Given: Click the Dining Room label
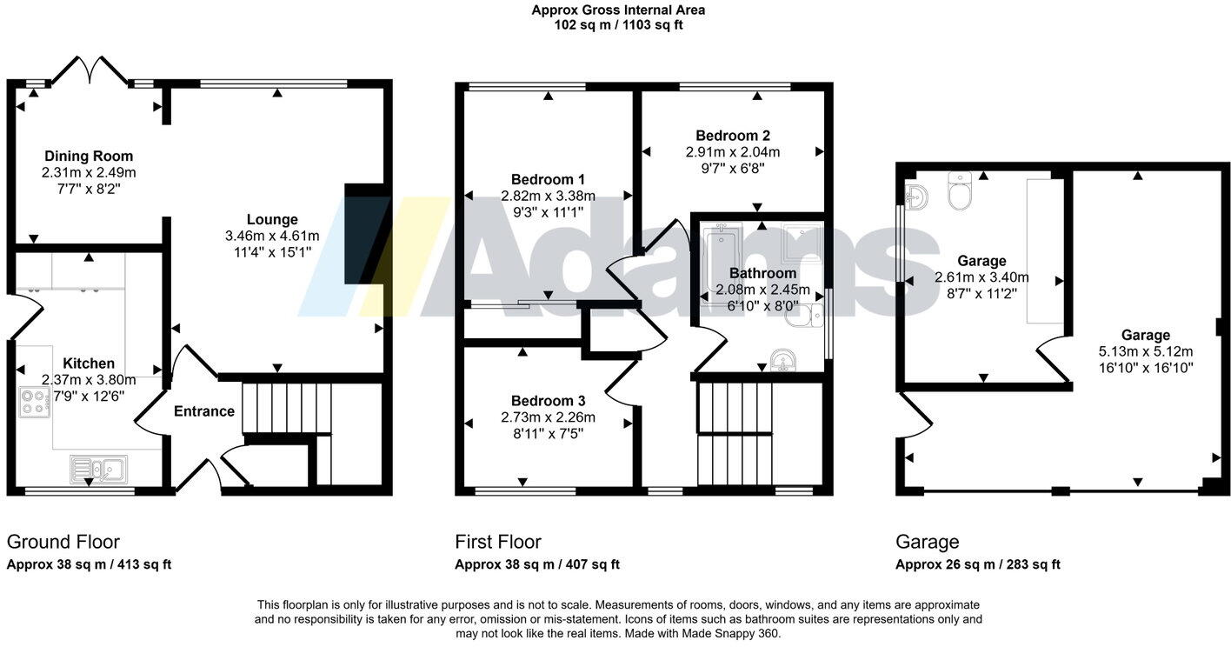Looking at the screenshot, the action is pos(89,157).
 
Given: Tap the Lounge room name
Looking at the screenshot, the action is pos(272,219).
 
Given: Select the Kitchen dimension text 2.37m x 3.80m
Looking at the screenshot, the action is pos(89,380).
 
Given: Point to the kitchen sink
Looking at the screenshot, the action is pos(99,469).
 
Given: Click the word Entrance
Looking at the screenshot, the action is pos(204,411).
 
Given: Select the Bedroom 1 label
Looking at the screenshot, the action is pos(548,179).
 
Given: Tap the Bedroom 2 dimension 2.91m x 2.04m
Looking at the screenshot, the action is pos(733,151).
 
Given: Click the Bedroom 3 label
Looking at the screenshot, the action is pos(548,401).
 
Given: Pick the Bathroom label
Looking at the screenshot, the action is pos(762,273).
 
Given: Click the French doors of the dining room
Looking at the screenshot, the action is pos(90,70).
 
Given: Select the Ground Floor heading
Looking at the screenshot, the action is pos(63,542).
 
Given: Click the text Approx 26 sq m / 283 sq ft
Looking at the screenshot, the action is pos(978,564).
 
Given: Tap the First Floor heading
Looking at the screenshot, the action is pos(498,542).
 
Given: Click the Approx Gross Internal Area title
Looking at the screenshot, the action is pos(618,10).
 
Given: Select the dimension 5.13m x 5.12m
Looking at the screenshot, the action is pos(1146,351).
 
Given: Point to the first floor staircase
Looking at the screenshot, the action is pos(735,434).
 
